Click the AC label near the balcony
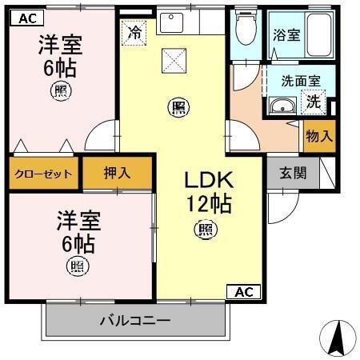tap(244, 292)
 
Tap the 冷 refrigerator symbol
tap(135, 34)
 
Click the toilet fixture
tap(246, 31)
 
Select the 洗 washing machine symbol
tap(314, 102)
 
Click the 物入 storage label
tap(318, 136)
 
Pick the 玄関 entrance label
tap(291, 171)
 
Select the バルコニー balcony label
tap(135, 321)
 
